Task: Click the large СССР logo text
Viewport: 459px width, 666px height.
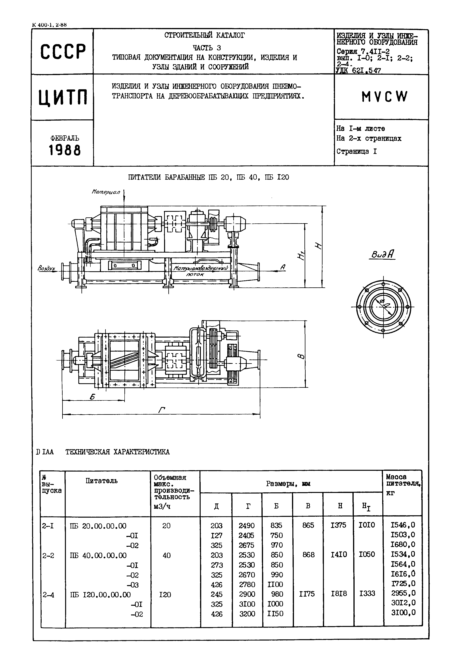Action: point(63,52)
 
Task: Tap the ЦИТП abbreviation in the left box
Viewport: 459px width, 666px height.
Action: point(63,97)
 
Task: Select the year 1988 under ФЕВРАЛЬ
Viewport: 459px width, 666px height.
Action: point(65,150)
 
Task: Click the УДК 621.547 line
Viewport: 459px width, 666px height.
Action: point(358,70)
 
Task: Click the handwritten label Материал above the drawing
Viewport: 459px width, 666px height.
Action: point(106,192)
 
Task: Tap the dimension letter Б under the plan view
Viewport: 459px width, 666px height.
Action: point(92,397)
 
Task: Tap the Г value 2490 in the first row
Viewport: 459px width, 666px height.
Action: point(247,526)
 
